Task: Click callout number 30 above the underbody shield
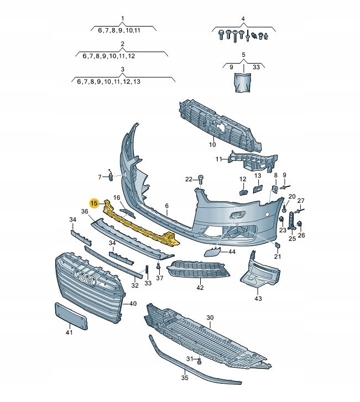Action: [x=210, y=317]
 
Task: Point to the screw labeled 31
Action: [x=199, y=362]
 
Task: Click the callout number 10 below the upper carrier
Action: [x=212, y=145]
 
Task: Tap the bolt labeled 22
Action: [x=201, y=180]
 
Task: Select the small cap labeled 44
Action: [x=211, y=253]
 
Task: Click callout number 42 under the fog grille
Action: [x=200, y=288]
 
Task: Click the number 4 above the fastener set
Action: [x=242, y=19]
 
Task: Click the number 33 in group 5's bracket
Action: [x=256, y=67]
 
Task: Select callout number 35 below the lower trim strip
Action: [x=185, y=378]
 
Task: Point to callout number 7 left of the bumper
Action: [x=100, y=177]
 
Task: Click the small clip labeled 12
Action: [x=242, y=192]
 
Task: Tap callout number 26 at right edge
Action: [x=301, y=236]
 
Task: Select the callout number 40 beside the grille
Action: [x=133, y=304]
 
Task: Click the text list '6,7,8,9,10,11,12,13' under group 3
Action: [x=108, y=81]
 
